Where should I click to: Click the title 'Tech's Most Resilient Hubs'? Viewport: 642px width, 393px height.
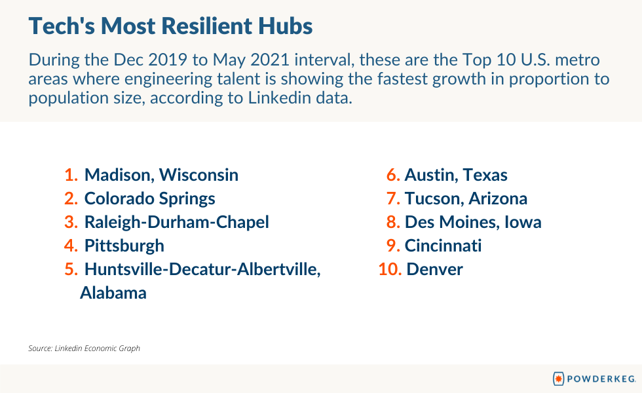coord(170,26)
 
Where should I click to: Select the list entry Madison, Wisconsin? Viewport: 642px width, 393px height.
coord(161,176)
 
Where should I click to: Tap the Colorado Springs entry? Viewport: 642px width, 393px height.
coord(149,199)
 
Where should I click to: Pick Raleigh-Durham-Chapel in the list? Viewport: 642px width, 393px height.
coord(176,222)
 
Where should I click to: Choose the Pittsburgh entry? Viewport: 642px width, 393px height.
coord(124,246)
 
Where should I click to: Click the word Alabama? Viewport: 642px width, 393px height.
coord(113,293)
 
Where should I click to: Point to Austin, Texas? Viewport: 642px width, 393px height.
coord(456,176)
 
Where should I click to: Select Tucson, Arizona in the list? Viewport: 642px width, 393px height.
coord(466,199)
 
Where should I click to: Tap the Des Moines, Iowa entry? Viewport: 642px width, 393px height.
coord(473,222)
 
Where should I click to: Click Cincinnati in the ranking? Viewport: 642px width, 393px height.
coord(443,246)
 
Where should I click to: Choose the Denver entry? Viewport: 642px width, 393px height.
coord(434,269)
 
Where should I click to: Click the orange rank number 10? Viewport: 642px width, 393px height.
coord(390,269)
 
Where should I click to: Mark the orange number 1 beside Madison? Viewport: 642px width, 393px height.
coord(71,176)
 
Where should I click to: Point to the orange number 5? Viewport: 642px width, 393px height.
coord(71,269)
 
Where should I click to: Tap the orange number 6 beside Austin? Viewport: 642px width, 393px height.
coord(393,176)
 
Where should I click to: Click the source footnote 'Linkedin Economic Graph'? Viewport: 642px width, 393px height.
coord(97,348)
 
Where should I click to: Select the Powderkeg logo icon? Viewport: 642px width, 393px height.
coord(558,379)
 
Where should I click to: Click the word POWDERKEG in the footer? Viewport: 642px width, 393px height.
coord(601,379)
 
